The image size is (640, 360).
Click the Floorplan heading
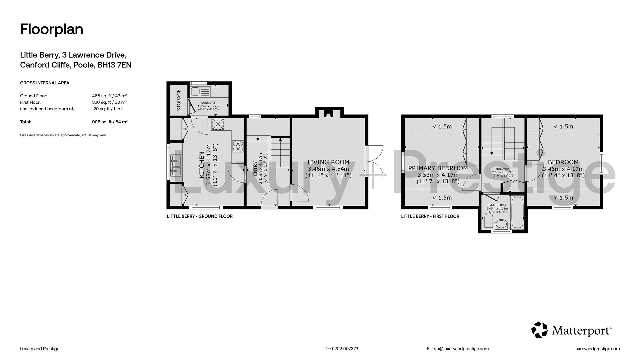click(x=52, y=29)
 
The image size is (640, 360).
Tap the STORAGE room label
click(x=179, y=100)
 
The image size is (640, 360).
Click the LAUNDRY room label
click(x=208, y=103)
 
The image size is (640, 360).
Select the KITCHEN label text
click(x=202, y=165)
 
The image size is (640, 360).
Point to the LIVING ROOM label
click(x=328, y=162)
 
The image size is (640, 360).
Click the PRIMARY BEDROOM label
click(x=438, y=168)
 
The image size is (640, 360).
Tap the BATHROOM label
click(x=497, y=205)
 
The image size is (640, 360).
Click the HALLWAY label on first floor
click(x=503, y=169)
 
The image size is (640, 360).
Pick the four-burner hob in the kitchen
click(x=238, y=147)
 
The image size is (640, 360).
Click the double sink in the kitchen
click(x=176, y=166)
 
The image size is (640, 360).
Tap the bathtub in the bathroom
click(x=517, y=213)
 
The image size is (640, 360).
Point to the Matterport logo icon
click(x=539, y=330)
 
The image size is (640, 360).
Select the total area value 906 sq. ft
click(x=110, y=122)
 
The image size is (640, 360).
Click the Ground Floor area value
click(x=109, y=96)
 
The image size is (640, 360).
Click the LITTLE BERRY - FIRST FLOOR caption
click(x=430, y=216)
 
